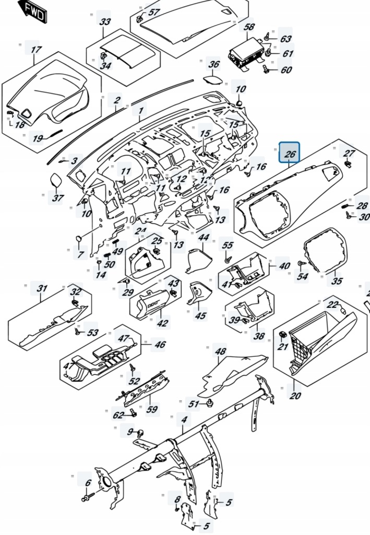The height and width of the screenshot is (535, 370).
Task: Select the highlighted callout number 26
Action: [x=290, y=153]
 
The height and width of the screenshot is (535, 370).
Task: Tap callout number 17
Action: [x=35, y=50]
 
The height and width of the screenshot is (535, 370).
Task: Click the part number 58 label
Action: [x=249, y=27]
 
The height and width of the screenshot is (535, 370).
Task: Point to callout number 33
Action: [x=105, y=22]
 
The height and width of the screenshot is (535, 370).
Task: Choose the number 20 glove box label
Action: [x=295, y=396]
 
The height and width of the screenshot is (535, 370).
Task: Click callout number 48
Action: [x=220, y=352]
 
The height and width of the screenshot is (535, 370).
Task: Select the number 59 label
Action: [x=151, y=410]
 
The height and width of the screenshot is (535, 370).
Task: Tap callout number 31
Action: [x=41, y=289]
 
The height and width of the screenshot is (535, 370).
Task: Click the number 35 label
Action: [x=337, y=281]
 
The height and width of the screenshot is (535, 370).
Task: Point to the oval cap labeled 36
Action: [x=211, y=80]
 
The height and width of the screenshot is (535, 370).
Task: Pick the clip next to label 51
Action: [x=210, y=402]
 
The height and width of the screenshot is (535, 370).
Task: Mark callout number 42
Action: [x=163, y=323]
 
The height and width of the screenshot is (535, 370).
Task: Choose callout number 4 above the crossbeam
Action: [x=183, y=420]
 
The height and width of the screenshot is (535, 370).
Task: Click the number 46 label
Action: [x=160, y=345]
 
